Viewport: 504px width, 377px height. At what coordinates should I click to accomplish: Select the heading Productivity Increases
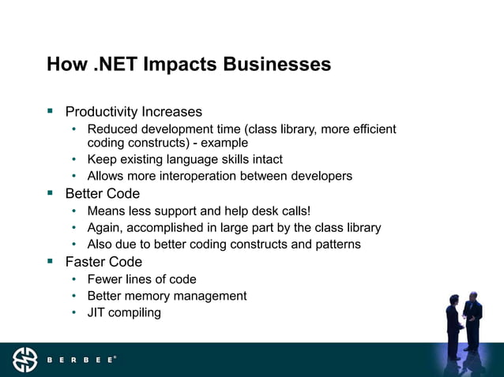pyautogui.click(x=134, y=112)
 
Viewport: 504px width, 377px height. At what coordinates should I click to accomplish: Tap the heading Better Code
pyautogui.click(x=103, y=194)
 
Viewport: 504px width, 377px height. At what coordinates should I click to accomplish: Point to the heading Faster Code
pyautogui.click(x=104, y=262)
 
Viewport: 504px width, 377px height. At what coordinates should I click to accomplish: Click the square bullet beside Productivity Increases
pyautogui.click(x=50, y=111)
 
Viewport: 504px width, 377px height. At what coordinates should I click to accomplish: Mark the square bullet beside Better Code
pyautogui.click(x=50, y=193)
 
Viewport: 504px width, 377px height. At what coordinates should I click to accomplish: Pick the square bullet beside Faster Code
pyautogui.click(x=50, y=261)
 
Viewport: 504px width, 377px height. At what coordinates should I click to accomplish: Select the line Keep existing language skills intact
pyautogui.click(x=185, y=159)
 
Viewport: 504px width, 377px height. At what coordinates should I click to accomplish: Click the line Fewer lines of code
pyautogui.click(x=142, y=279)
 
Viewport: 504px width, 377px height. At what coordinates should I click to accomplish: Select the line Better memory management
pyautogui.click(x=167, y=296)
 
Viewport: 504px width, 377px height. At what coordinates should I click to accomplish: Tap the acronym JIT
pyautogui.click(x=98, y=312)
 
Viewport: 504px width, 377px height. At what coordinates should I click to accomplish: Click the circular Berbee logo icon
pyautogui.click(x=24, y=360)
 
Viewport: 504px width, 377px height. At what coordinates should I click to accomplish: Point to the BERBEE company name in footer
pyautogui.click(x=81, y=360)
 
